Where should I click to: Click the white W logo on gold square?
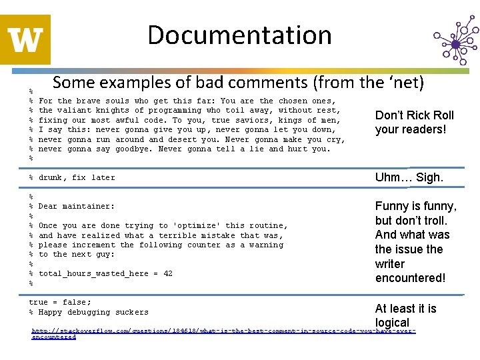click(26, 39)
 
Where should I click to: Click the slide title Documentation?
click(239, 35)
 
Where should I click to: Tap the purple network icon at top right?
click(455, 41)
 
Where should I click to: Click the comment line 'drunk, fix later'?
click(77, 177)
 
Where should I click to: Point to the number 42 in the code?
click(167, 273)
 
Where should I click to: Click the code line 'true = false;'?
click(60, 302)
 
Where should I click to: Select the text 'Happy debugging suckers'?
click(93, 312)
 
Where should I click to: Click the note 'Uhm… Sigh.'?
click(409, 177)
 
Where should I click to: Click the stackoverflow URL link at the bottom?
click(223, 331)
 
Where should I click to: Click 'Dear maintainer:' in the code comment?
click(77, 207)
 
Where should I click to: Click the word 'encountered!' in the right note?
click(410, 278)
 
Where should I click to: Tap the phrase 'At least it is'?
click(406, 309)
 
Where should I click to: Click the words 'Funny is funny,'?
click(416, 207)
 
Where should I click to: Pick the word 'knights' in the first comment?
click(113, 111)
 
